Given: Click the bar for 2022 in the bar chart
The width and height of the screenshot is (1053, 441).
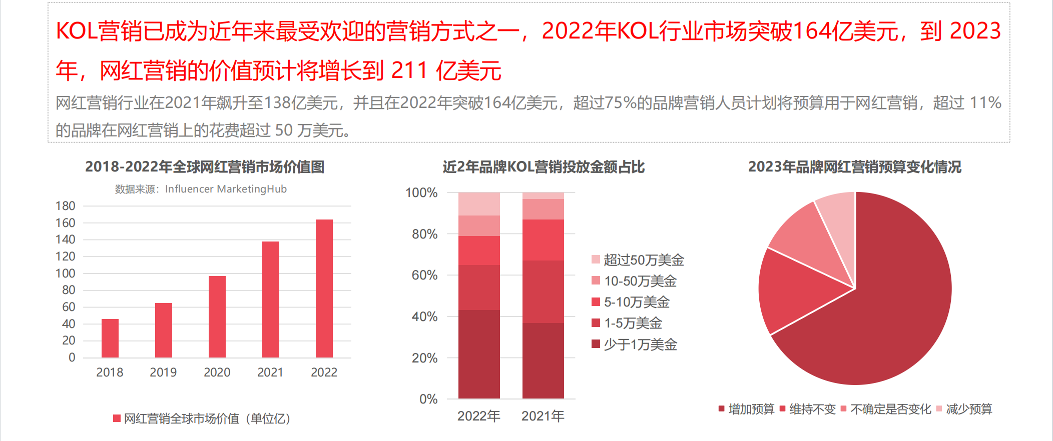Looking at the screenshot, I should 324,288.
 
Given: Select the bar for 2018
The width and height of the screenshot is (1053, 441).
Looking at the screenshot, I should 110,338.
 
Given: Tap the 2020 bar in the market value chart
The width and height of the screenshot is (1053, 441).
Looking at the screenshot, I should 217,316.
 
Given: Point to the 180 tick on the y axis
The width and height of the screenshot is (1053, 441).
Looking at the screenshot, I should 65,206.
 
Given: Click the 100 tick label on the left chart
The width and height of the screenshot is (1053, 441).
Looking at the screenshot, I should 65,273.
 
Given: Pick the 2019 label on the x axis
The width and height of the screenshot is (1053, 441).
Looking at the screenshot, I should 163,372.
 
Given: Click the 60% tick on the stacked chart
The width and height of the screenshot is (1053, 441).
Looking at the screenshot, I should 424,275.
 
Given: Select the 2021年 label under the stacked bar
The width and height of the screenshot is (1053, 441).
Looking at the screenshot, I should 543,416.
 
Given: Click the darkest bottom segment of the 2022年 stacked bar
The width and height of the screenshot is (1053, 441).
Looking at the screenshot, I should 479,354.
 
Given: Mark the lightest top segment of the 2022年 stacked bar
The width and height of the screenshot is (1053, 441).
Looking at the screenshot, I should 479,204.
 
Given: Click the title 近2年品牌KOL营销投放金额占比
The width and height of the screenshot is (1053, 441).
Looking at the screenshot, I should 544,167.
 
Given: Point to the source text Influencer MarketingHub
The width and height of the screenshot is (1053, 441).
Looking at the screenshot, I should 226,189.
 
